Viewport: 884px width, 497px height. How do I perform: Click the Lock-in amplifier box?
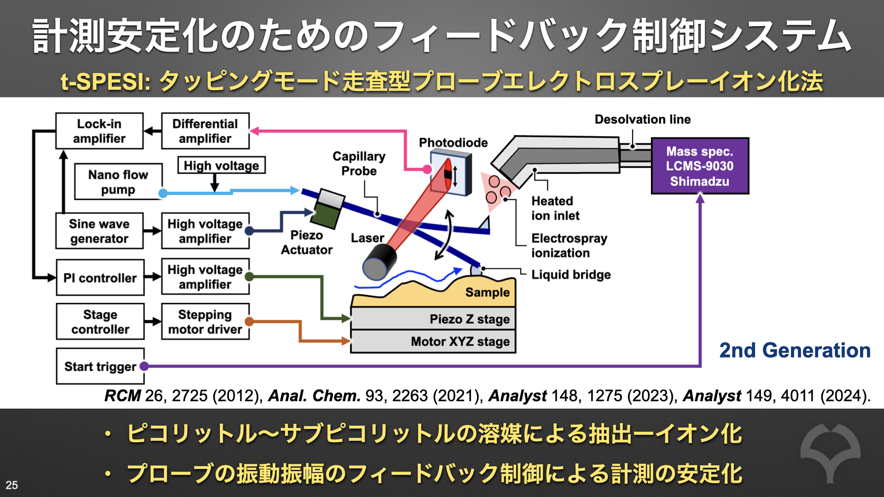[x=99, y=131]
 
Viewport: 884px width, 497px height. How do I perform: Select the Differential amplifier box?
[x=205, y=131]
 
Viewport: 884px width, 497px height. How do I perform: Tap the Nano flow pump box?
[x=118, y=182]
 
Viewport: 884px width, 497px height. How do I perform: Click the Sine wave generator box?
[x=99, y=231]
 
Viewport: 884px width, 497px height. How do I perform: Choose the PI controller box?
[x=100, y=277]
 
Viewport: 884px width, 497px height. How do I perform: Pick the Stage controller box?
[x=100, y=322]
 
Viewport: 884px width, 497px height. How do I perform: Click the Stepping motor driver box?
[x=205, y=322]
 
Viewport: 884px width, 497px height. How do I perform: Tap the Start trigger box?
[x=100, y=366]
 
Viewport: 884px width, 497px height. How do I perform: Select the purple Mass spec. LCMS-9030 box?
[x=699, y=166]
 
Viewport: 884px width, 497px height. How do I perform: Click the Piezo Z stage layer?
[x=433, y=318]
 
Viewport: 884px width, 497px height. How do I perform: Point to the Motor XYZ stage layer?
[x=433, y=341]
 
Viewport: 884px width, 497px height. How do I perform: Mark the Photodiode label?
[x=453, y=143]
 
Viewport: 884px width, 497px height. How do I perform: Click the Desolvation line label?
[x=642, y=119]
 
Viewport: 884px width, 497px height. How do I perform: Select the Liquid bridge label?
[x=571, y=275]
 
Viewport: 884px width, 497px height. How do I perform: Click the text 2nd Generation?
[x=795, y=351]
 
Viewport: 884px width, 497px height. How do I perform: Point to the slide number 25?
[x=12, y=485]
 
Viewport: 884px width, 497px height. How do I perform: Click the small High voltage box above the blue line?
[x=221, y=165]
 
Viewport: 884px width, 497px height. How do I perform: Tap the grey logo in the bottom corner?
[x=830, y=451]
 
